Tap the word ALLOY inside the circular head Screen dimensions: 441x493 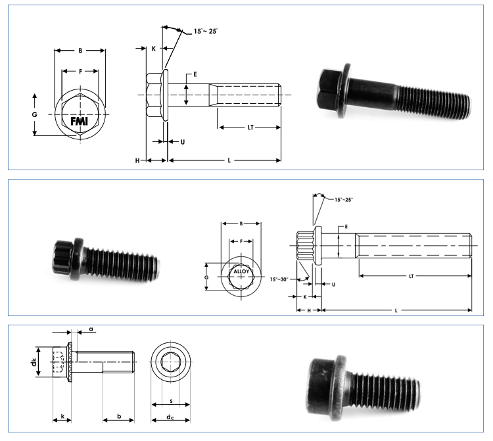(x=241, y=272)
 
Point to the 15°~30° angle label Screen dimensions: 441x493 (x=281, y=279)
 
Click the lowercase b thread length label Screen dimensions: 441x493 (x=118, y=416)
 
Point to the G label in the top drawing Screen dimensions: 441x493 (x=34, y=114)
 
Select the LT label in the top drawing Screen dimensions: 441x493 (x=250, y=128)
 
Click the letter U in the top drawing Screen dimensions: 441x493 (x=182, y=141)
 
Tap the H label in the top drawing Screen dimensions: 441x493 (x=138, y=160)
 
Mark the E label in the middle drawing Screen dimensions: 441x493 (x=346, y=227)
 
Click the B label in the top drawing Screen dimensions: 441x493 (x=80, y=50)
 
